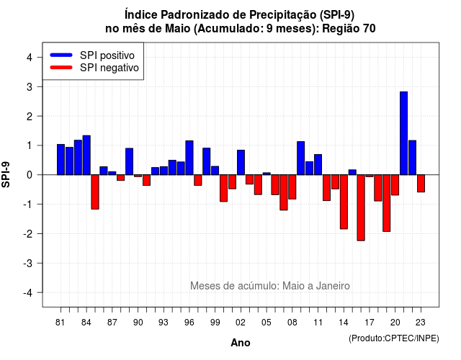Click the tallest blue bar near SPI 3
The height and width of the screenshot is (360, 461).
(x=403, y=133)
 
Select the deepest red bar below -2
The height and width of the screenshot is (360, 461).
(x=361, y=208)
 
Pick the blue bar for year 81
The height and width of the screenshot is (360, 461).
(x=61, y=160)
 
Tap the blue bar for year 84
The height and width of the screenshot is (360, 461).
(x=86, y=156)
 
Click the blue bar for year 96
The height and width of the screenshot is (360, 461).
(x=189, y=158)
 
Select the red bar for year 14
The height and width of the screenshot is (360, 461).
(x=344, y=202)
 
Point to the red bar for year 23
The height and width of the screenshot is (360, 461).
(x=421, y=184)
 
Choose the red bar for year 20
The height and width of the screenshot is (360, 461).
(x=395, y=185)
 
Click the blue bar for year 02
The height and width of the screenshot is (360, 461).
(x=241, y=163)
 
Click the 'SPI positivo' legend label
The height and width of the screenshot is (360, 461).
(x=107, y=55)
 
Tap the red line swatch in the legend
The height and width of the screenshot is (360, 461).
(x=61, y=68)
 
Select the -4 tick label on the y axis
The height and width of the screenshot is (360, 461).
(x=28, y=292)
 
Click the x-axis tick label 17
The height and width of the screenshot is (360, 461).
(x=370, y=323)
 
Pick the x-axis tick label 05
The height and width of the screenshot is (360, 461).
(x=266, y=323)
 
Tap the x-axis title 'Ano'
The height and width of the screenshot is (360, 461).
(x=241, y=343)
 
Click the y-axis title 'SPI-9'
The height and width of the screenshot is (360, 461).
(x=6, y=174)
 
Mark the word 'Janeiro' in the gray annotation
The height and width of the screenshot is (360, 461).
(x=333, y=286)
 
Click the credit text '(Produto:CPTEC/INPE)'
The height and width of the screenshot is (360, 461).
(x=394, y=338)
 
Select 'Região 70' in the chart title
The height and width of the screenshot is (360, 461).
(x=349, y=29)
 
